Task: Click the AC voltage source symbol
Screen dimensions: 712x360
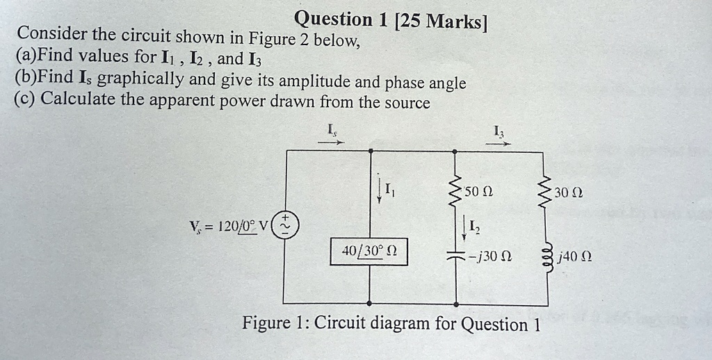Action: pyautogui.click(x=285, y=225)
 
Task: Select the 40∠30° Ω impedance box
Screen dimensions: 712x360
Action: pyautogui.click(x=369, y=252)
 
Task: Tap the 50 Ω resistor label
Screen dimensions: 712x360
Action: pyautogui.click(x=478, y=192)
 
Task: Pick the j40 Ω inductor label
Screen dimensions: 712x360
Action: pyautogui.click(x=575, y=258)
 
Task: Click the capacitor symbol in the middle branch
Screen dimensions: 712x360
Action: pyautogui.click(x=455, y=255)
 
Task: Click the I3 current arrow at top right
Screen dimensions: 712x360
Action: pyautogui.click(x=498, y=144)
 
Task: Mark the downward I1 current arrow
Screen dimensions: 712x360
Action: pyautogui.click(x=379, y=191)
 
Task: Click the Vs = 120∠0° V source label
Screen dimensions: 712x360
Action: pyautogui.click(x=229, y=225)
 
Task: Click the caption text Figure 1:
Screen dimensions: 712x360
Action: pyautogui.click(x=275, y=322)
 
